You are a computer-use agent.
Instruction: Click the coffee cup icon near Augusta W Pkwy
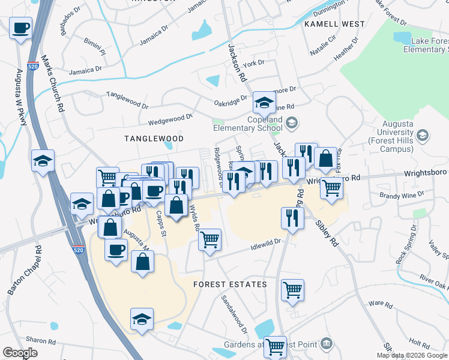[x=20, y=28]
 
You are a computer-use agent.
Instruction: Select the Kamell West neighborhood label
[x=334, y=24]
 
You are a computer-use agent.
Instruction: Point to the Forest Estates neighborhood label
[x=230, y=284]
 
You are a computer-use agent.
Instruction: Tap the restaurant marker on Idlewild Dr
[x=292, y=218]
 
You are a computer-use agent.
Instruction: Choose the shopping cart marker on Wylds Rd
[x=210, y=240]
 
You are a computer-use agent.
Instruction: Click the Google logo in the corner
[x=20, y=353]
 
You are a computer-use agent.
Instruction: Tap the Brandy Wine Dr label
[x=402, y=195]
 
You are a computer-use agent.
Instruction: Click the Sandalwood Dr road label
[x=235, y=315]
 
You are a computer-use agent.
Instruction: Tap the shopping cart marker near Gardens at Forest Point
[x=275, y=346]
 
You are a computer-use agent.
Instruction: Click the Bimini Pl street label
[x=94, y=44]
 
